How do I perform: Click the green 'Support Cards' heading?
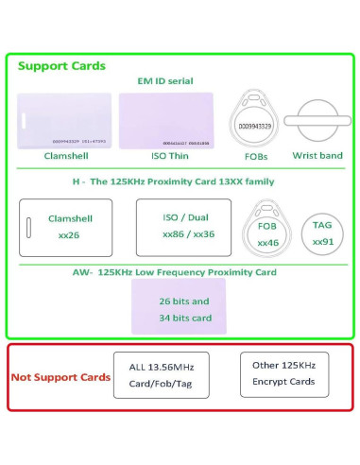coord(62,66)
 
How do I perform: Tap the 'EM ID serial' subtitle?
coord(165,81)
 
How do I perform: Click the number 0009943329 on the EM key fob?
coord(252,126)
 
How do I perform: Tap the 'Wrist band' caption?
coord(317,155)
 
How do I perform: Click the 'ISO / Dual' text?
coord(182,217)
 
